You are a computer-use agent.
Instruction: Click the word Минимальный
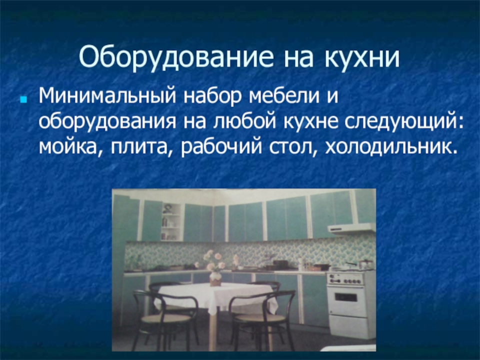click(108, 96)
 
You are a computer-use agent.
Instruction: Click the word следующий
click(404, 122)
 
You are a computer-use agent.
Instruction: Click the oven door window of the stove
click(346, 297)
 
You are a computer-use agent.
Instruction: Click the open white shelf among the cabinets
click(171, 221)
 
